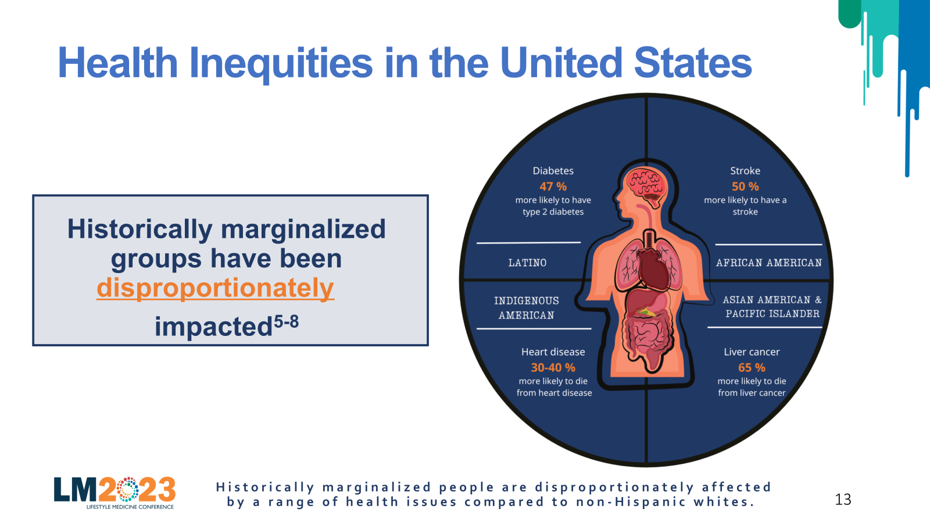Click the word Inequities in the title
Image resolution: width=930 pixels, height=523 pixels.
pos(281,63)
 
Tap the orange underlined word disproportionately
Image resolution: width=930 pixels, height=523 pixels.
pos(215,288)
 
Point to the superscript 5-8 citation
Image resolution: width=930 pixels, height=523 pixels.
pos(286,322)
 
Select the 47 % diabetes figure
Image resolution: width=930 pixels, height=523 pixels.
pos(553,187)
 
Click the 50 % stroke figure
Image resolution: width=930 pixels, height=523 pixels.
pos(745,187)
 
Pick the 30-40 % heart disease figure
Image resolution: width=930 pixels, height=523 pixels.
pos(553,367)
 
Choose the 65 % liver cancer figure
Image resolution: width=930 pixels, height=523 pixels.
pos(752,367)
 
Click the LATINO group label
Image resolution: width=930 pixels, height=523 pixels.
pos(527,263)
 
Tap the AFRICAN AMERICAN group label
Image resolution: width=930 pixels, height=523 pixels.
pos(769,263)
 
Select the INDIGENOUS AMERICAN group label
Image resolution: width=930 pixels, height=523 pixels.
pos(527,308)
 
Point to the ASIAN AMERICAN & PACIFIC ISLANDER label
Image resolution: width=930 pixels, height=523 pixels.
pos(772,307)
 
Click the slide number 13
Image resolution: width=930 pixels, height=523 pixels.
pos(843,499)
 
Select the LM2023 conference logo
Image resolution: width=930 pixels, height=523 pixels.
pos(115,493)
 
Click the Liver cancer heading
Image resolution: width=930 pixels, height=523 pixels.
pos(752,352)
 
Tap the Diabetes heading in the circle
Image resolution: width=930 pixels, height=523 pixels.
pos(553,171)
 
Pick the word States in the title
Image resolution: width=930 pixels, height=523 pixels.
pos(693,63)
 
